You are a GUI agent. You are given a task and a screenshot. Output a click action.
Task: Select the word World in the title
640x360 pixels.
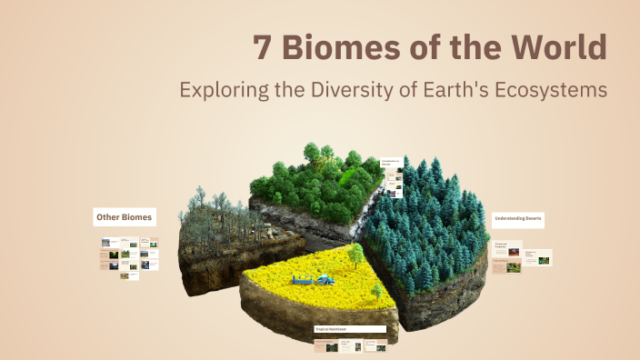click(x=555, y=48)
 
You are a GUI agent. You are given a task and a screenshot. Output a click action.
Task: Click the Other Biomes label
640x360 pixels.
click(x=125, y=216)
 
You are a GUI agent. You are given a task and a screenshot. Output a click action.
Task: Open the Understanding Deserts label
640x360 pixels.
click(x=518, y=219)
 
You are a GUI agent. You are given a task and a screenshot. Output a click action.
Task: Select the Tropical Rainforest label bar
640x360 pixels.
click(x=350, y=329)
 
